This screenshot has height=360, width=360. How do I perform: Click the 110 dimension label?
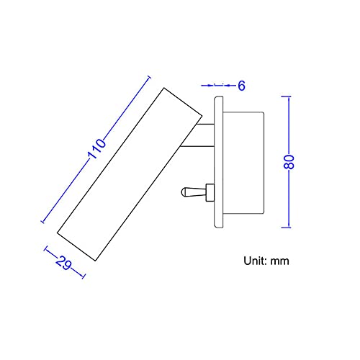(97, 149)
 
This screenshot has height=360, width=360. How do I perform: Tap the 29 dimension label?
(63, 263)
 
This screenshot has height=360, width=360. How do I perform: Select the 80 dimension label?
(289, 162)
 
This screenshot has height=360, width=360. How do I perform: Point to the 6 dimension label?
(242, 86)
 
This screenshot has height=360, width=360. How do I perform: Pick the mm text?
(280, 261)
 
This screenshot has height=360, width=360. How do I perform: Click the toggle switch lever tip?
(183, 192)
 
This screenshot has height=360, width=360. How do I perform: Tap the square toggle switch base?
(210, 192)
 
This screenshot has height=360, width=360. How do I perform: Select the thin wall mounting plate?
(219, 162)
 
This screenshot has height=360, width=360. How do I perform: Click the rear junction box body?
(243, 163)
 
